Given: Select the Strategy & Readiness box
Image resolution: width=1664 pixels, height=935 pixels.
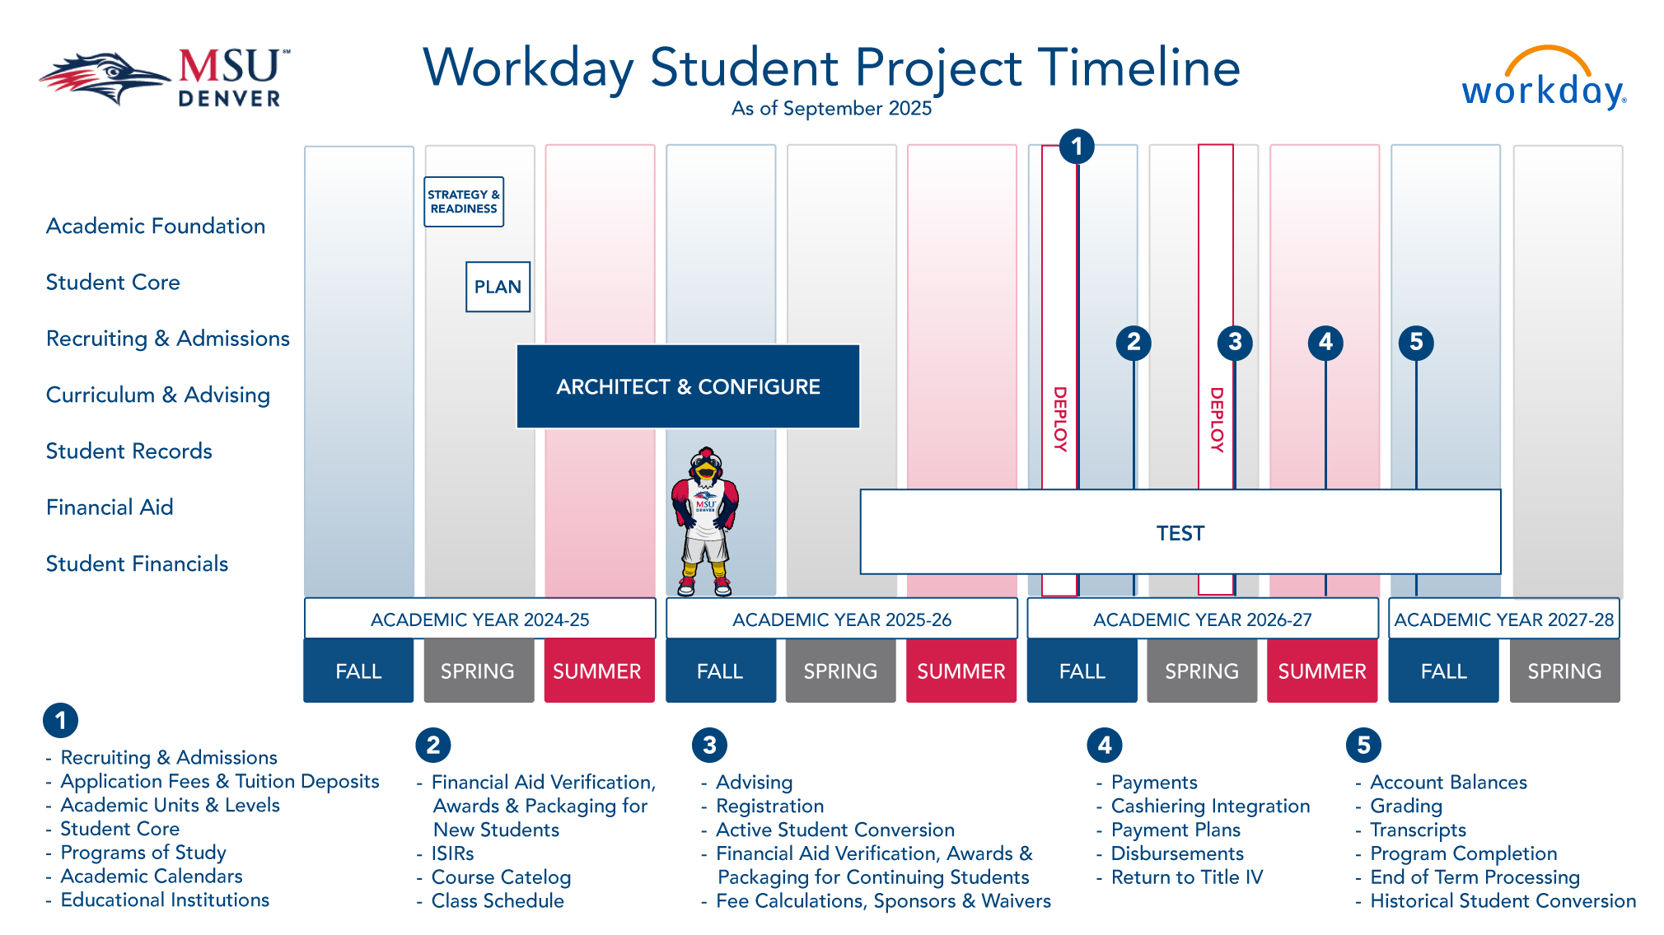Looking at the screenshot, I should click(464, 202).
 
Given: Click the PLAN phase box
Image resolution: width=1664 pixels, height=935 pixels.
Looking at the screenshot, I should click(498, 287).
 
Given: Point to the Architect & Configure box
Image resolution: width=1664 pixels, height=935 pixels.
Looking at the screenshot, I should click(688, 386).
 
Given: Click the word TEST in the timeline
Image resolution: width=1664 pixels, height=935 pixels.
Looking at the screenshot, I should click(1180, 533).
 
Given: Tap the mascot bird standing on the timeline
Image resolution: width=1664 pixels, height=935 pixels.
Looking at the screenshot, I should click(705, 521).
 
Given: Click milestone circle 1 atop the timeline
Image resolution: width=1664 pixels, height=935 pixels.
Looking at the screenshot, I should click(1077, 147).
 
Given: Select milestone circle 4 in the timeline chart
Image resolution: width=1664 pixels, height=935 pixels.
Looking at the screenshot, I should click(1325, 342).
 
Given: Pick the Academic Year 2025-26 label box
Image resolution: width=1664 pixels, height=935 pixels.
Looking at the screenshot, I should click(841, 619).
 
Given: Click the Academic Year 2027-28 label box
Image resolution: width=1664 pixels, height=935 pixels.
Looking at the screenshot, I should click(1503, 619).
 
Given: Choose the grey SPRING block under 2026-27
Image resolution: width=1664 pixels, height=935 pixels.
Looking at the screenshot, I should click(1202, 671).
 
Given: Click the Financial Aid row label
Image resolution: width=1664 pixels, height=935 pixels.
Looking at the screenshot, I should click(110, 507).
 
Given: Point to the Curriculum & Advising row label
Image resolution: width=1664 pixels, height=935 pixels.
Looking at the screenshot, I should click(158, 395).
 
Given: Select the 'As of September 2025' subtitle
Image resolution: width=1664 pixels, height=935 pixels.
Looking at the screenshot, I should click(831, 109).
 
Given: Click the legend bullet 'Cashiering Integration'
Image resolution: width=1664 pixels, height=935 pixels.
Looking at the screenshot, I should click(1210, 806).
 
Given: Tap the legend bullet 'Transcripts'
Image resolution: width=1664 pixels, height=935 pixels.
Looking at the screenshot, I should click(1418, 830).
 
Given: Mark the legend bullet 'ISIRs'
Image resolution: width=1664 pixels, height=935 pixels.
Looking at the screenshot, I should click(452, 853).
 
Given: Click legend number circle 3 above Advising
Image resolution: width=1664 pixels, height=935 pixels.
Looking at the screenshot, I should click(709, 745).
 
